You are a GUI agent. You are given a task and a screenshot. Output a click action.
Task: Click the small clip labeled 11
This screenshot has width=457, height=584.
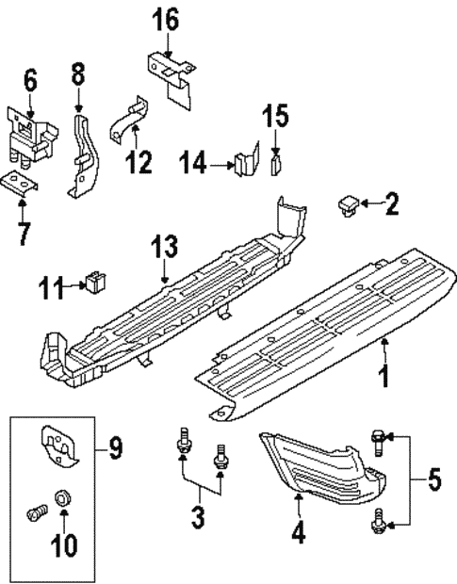coord(95,281)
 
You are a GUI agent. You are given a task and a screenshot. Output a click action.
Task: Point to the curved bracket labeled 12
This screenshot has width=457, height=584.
coord(125,122)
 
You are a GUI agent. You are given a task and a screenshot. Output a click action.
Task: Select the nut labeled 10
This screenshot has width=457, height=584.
coord(63,496)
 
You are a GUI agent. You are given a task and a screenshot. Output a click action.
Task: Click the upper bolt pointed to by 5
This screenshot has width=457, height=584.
coord(377,437)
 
